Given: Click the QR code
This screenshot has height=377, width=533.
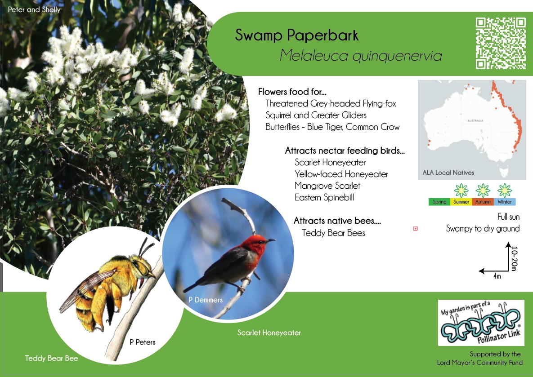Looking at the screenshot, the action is pyautogui.click(x=501, y=43).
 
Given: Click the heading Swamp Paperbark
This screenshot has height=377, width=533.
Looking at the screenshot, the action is pyautogui.click(x=297, y=35).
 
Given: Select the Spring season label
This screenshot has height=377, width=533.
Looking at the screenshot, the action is pyautogui.click(x=439, y=202).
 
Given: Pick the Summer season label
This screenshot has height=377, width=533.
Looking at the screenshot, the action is pyautogui.click(x=461, y=202).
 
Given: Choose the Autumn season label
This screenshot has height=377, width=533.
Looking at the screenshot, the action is pyautogui.click(x=483, y=202).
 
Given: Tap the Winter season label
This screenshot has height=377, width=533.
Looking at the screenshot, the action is pyautogui.click(x=505, y=202).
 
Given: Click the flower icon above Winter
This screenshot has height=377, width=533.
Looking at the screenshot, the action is pyautogui.click(x=505, y=191).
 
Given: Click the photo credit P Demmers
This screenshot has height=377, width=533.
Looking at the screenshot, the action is pyautogui.click(x=205, y=300).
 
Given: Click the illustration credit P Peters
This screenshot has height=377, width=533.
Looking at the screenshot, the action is pyautogui.click(x=143, y=342).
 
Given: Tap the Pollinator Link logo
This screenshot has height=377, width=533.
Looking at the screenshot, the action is pyautogui.click(x=481, y=323).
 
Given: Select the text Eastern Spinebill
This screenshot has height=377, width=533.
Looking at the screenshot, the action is pyautogui.click(x=324, y=197).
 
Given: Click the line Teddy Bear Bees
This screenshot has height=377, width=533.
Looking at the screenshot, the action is pyautogui.click(x=333, y=233).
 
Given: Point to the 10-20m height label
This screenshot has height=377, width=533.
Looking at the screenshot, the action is pyautogui.click(x=514, y=258).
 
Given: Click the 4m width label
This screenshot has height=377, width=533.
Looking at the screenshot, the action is pyautogui.click(x=497, y=276).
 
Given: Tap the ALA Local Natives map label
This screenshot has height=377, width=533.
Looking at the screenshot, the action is pyautogui.click(x=448, y=173).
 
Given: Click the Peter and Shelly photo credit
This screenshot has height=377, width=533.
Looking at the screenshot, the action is pyautogui.click(x=34, y=9).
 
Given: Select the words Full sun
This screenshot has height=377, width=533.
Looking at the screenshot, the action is pyautogui.click(x=509, y=217).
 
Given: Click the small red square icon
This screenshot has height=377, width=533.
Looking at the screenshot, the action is pyautogui.click(x=416, y=229).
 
